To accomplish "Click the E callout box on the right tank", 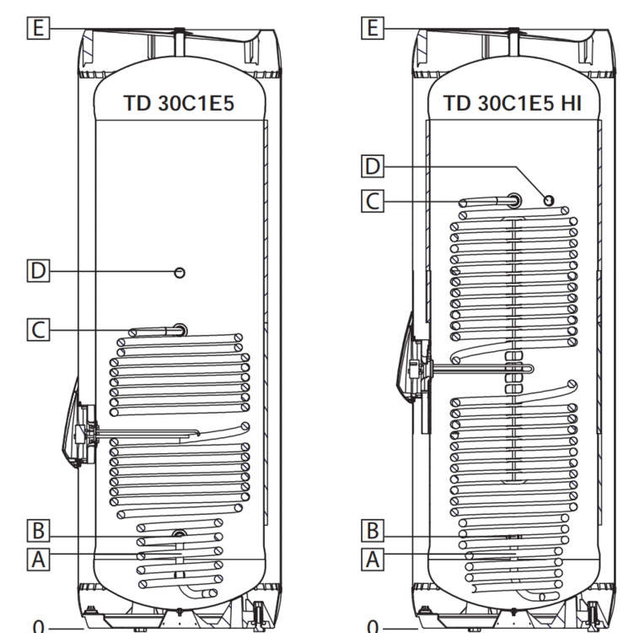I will click(372, 29).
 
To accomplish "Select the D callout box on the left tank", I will click(37, 272).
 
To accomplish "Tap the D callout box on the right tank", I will click(372, 166).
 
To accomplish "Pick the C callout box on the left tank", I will click(37, 329).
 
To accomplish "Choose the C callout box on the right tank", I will click(372, 201).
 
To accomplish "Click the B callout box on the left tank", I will click(37, 532).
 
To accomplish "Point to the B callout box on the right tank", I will click(372, 532).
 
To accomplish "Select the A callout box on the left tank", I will click(37, 558).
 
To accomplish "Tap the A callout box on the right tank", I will click(372, 558).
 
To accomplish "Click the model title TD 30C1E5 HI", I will click(513, 104).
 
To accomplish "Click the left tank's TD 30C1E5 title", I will click(179, 104).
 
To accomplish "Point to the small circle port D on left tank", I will click(180, 272).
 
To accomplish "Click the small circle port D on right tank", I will click(549, 200).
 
